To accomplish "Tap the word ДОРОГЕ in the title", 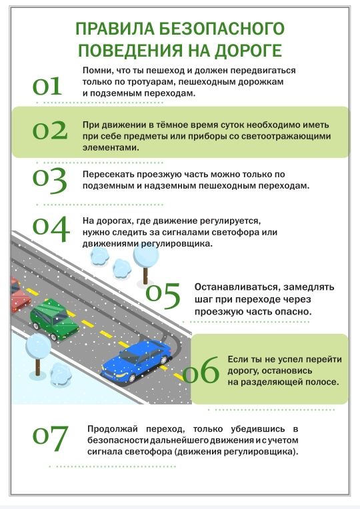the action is point(248,51).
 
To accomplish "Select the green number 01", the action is point(47,87).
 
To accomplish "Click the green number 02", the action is point(50,131).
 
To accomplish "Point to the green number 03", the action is point(50,181).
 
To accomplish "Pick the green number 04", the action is point(51,229).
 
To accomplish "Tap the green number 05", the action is point(163,295).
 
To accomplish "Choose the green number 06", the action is point(201,370).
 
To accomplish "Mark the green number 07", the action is point(51,438).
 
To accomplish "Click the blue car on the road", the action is point(137,360).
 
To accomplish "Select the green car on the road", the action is point(54,320).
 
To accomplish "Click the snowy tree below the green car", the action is point(38,354).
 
